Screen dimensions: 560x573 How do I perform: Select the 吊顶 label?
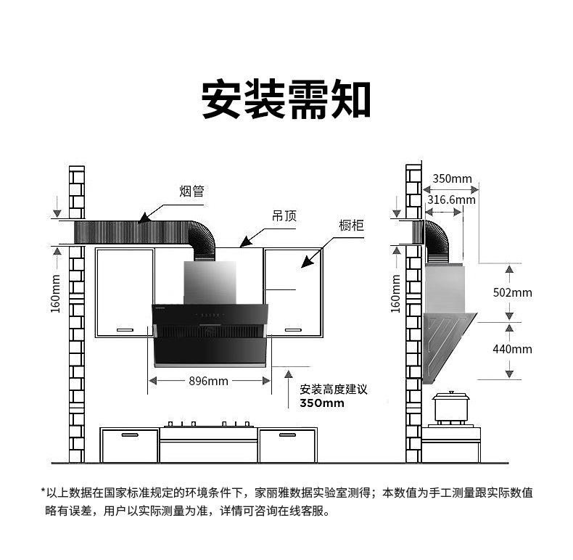[284, 216]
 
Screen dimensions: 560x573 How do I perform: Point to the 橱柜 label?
[351, 226]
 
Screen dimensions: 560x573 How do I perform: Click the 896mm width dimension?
[209, 381]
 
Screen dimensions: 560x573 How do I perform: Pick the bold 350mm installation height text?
[322, 403]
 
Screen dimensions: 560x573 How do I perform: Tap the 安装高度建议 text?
[334, 390]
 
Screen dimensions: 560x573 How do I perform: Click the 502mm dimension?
[512, 293]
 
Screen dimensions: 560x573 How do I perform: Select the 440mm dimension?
[512, 349]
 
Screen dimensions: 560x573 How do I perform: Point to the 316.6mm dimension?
[451, 199]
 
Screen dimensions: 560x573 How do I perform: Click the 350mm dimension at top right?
[452, 178]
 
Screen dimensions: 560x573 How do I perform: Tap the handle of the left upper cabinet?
[125, 329]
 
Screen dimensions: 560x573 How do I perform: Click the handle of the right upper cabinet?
[292, 329]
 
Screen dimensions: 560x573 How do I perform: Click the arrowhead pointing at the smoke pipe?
[144, 216]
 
